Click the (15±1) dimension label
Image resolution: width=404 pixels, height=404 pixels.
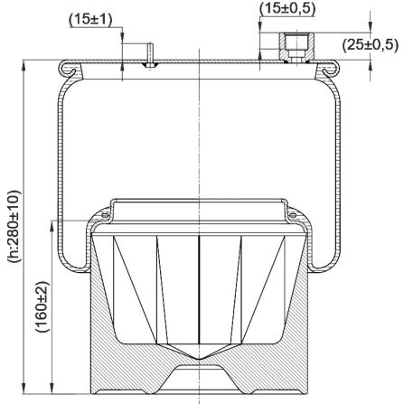click(x=90, y=20)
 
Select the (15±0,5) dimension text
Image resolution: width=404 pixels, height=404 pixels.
click(x=287, y=9)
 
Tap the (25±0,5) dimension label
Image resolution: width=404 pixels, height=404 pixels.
click(x=371, y=45)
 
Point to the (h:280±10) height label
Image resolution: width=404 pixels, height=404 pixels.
click(x=14, y=227)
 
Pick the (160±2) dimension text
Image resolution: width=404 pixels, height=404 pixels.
click(x=42, y=306)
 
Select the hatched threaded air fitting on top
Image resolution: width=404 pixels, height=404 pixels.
click(x=296, y=47)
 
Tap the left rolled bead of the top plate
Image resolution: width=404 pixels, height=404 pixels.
click(x=68, y=69)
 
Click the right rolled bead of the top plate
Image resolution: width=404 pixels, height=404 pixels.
click(x=331, y=69)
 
